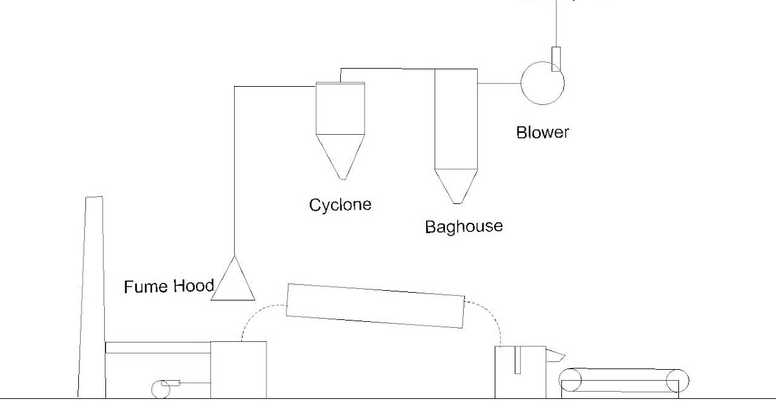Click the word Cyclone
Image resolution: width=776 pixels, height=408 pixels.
[x=340, y=205]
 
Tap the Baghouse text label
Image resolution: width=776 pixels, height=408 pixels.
[x=464, y=227]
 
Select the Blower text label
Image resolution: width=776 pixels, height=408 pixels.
[x=543, y=132]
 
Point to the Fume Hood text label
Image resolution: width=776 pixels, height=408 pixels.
[x=168, y=286]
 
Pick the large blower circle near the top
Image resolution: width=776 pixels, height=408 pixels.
[x=543, y=83]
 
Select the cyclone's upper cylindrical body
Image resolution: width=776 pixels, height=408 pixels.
[x=340, y=109]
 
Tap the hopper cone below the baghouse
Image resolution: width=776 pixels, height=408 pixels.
[x=457, y=185]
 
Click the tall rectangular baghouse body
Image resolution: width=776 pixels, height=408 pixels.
[x=456, y=119]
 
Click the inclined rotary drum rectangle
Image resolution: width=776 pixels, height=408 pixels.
[x=375, y=306]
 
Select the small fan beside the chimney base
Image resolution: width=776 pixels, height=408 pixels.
[x=160, y=389]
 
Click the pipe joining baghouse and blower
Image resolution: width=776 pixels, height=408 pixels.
[x=499, y=83]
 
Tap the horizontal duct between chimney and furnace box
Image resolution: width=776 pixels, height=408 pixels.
[x=158, y=348]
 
